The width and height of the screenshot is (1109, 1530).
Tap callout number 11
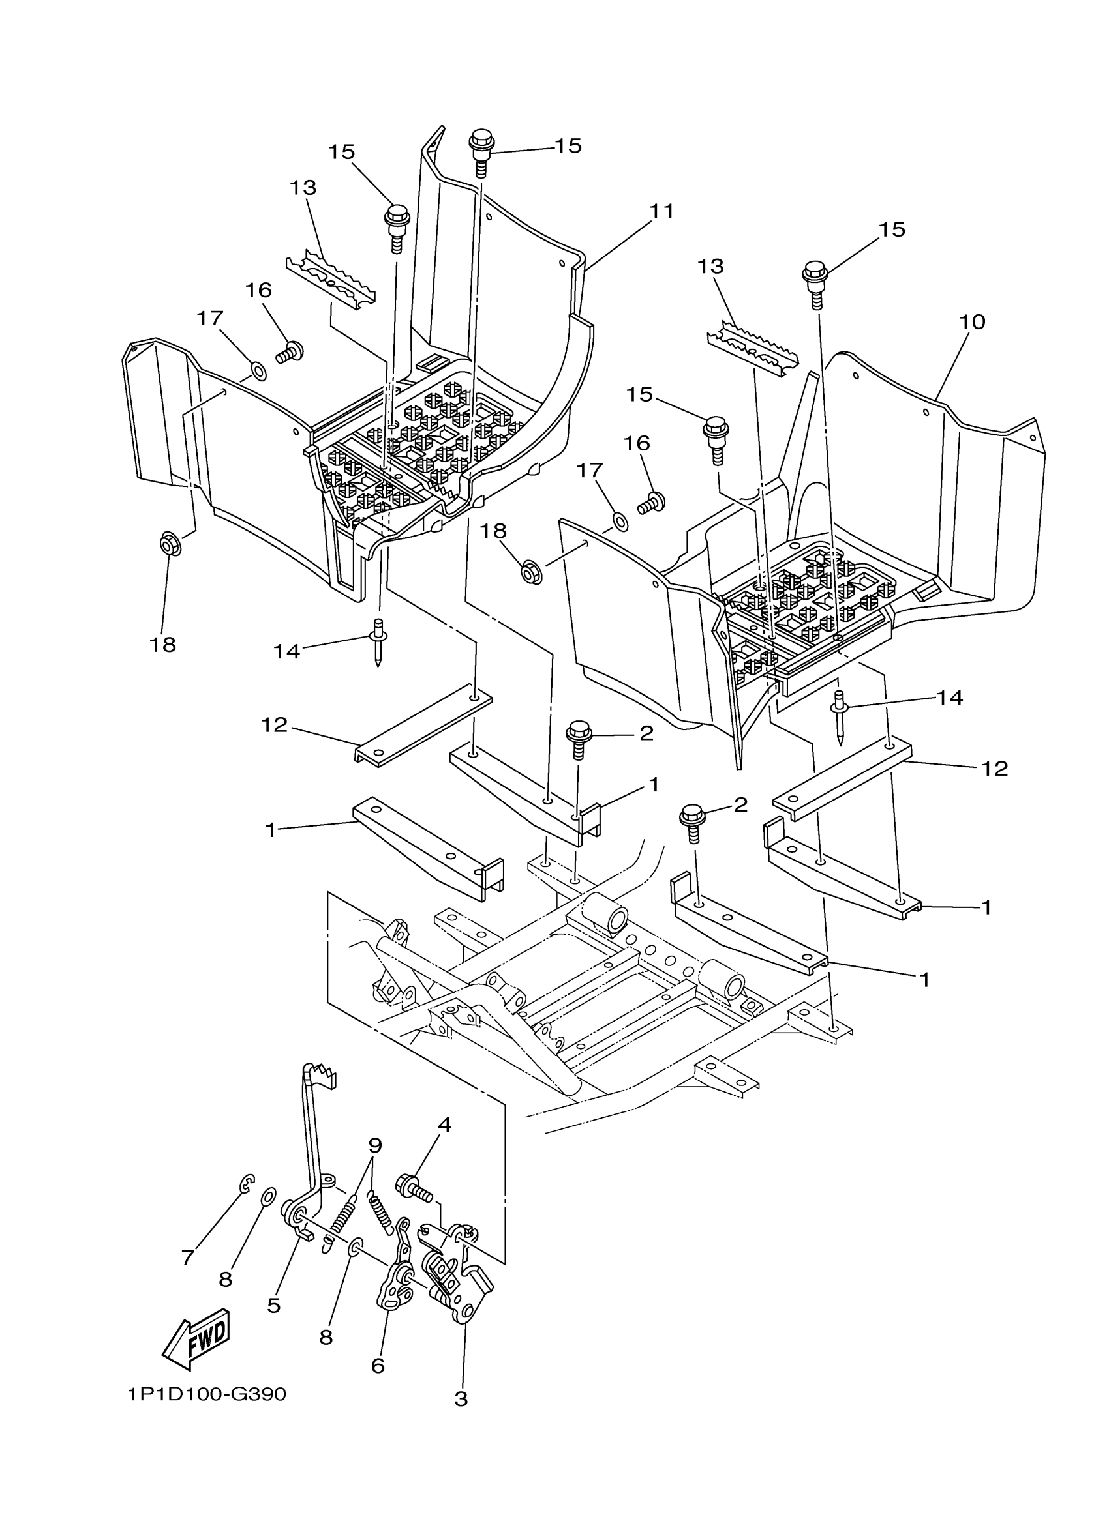(x=661, y=211)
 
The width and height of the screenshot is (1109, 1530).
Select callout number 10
(x=972, y=322)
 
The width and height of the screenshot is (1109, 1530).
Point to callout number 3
(x=461, y=1398)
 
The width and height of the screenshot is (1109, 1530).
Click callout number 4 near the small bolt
(x=444, y=1125)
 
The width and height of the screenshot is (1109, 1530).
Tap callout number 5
(x=273, y=1304)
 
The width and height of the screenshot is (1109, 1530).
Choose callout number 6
(x=378, y=1366)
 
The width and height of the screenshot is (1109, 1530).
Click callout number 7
(x=188, y=1257)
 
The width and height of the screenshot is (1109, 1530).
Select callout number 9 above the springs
(x=375, y=1145)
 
